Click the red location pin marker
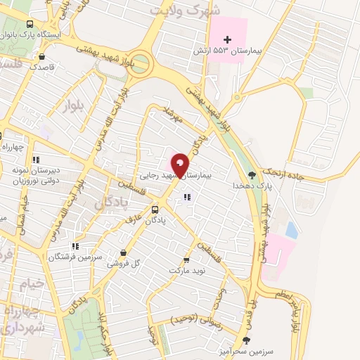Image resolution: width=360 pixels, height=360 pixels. pos(181,165)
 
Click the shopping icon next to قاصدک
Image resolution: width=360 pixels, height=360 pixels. pos(43,56)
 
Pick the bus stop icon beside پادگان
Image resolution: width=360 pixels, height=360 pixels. pos(155,210)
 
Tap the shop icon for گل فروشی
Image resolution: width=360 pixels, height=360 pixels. pos(124,253)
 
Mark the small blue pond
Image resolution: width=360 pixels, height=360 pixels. pos(290,230)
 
